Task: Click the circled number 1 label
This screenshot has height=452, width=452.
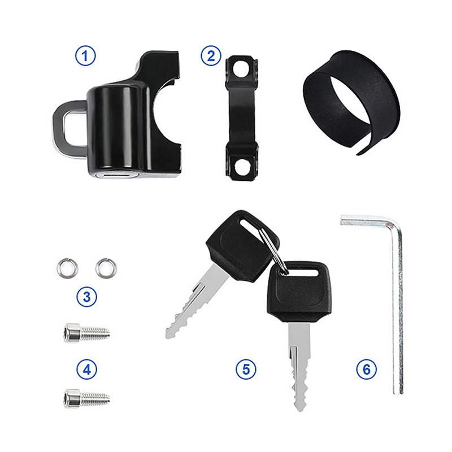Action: tap(85, 56)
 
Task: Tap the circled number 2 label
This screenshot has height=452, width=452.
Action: tap(211, 55)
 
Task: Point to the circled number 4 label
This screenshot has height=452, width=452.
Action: tap(86, 370)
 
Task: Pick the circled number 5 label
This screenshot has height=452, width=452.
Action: tap(246, 369)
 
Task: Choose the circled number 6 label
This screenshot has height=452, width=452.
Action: tap(366, 369)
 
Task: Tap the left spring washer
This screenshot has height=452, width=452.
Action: tap(67, 268)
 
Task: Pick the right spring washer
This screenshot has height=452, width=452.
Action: tap(106, 267)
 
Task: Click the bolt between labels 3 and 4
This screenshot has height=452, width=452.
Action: tap(86, 333)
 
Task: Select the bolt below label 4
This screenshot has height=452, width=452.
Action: tap(86, 398)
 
